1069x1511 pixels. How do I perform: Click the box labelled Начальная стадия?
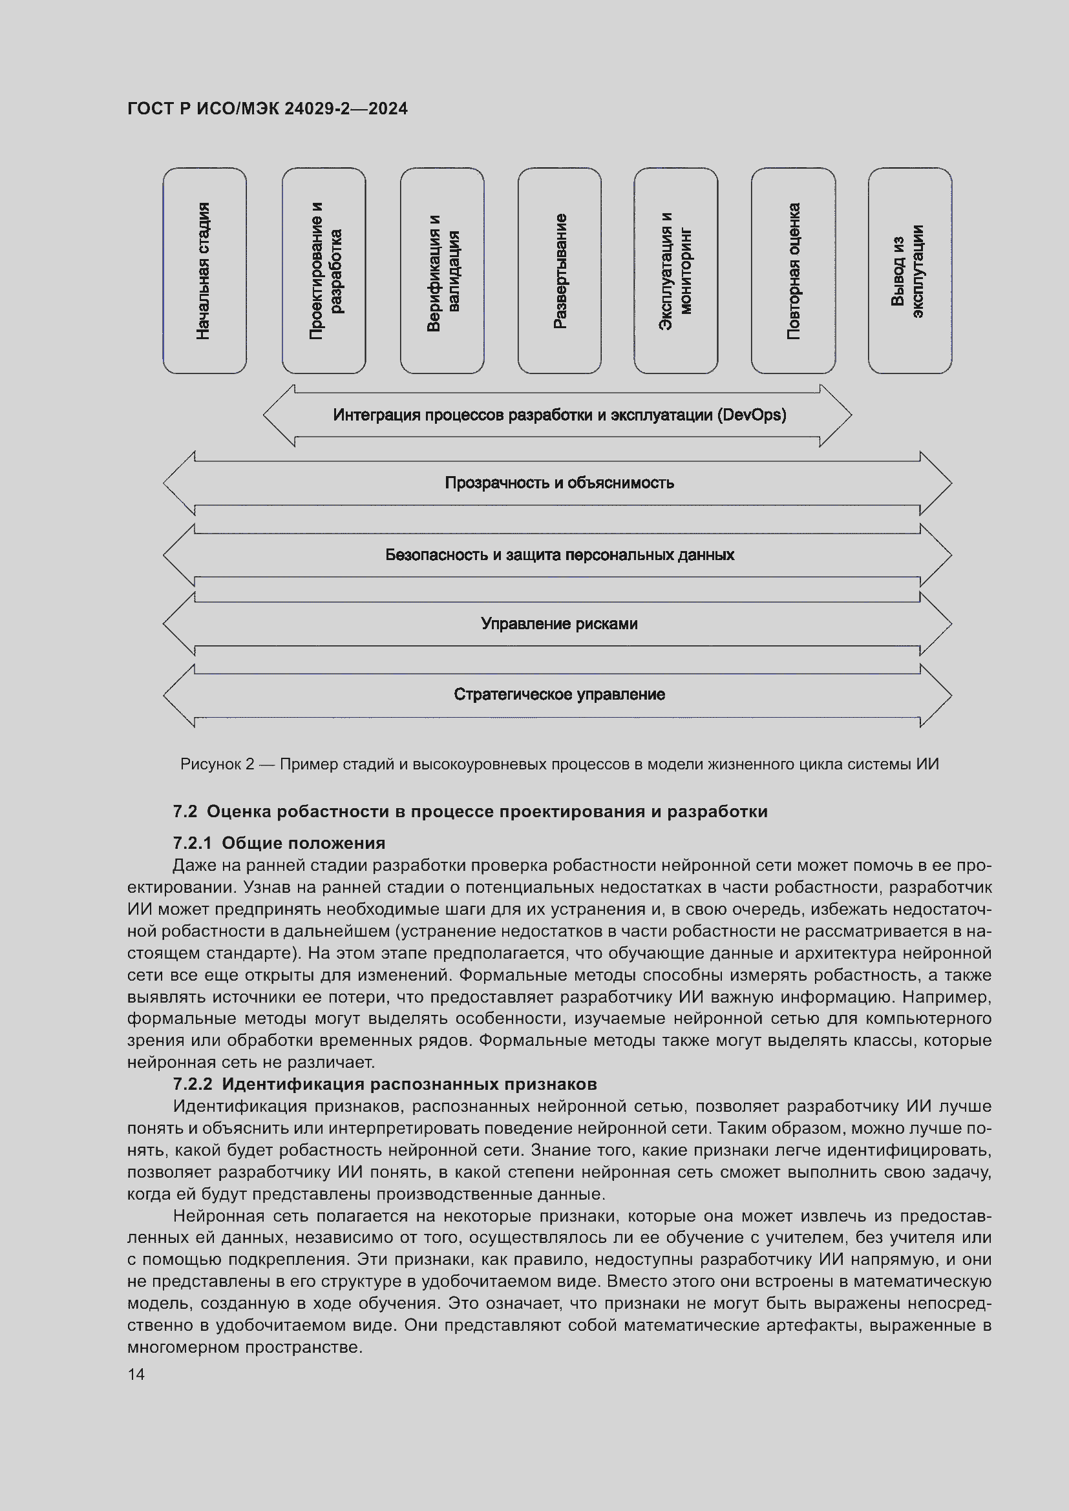(205, 271)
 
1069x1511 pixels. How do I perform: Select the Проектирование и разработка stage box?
(324, 271)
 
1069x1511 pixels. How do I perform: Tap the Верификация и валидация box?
(442, 271)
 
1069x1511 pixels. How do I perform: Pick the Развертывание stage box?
(560, 271)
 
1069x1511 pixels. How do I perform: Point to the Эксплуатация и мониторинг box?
(676, 271)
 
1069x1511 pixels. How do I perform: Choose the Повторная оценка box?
(793, 271)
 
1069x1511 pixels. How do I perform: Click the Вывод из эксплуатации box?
(910, 271)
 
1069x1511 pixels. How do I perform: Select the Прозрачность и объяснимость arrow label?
(560, 483)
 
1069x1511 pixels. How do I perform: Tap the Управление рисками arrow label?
(560, 624)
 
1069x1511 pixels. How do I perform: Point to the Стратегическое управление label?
(560, 695)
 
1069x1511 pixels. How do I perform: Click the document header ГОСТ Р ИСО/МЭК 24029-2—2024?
(268, 109)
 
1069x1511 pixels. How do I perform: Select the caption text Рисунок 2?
(217, 764)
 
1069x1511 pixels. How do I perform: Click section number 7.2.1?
(191, 843)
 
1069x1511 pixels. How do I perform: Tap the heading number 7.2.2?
(192, 1084)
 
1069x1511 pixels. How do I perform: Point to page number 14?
(136, 1375)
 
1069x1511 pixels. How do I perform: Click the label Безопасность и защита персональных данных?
(560, 556)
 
